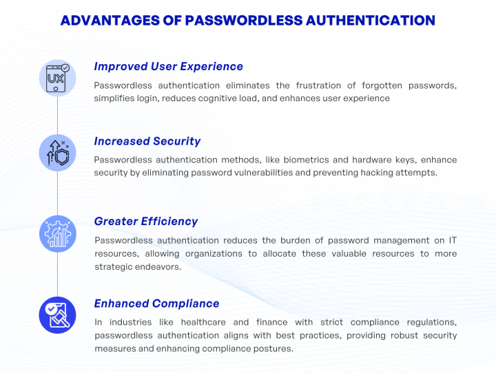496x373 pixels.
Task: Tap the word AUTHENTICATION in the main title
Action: (369, 20)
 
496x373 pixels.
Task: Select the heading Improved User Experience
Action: (168, 67)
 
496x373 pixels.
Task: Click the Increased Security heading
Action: (147, 141)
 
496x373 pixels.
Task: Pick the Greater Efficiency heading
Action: (145, 221)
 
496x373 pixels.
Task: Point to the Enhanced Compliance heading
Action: (156, 303)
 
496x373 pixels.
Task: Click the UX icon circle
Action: (57, 78)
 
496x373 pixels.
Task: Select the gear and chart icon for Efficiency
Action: (57, 233)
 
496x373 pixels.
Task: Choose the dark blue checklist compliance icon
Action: (57, 315)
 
